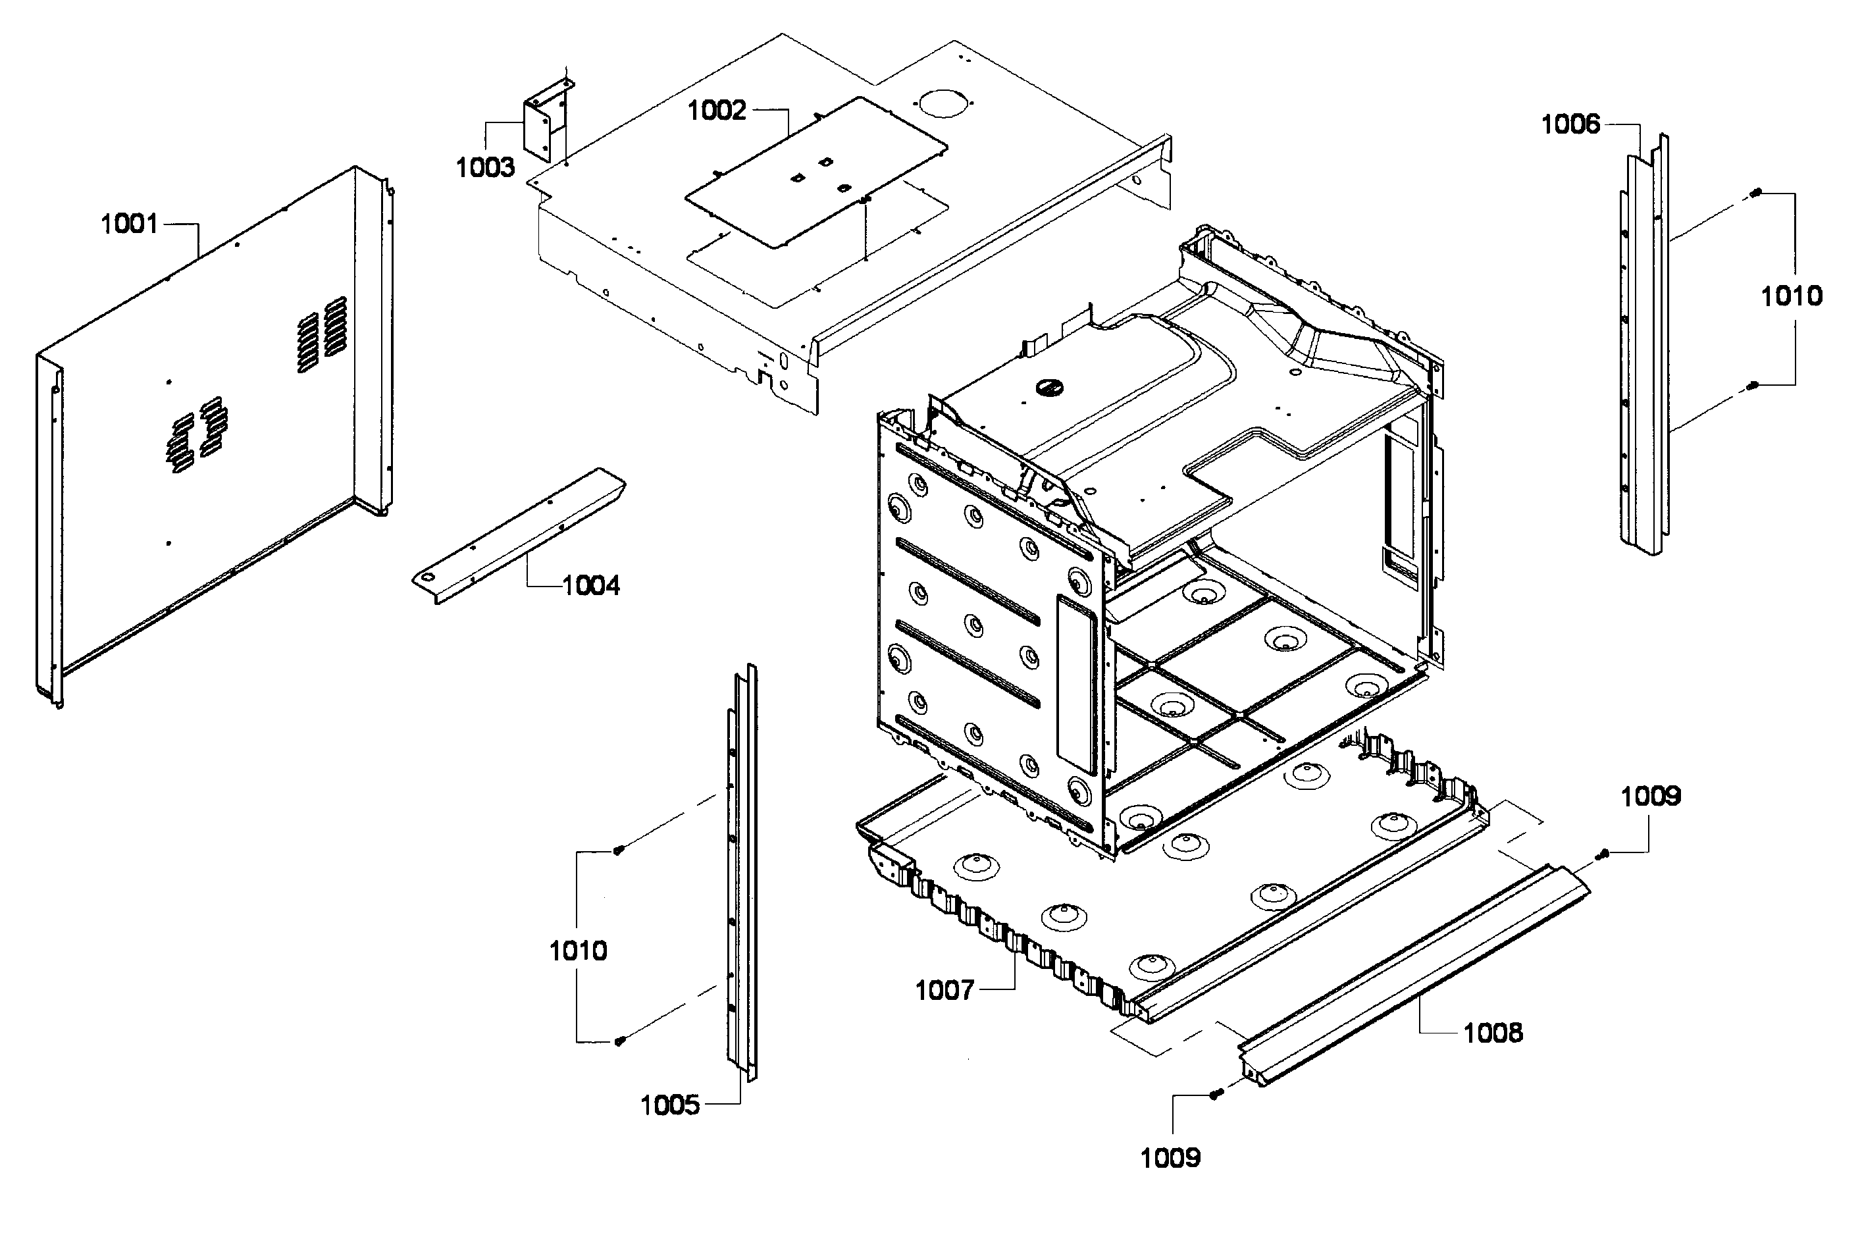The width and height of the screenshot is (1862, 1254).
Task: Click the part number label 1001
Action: [x=129, y=224]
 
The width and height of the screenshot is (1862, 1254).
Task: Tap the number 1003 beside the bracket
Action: [x=484, y=168]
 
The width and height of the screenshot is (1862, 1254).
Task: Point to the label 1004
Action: [x=591, y=587]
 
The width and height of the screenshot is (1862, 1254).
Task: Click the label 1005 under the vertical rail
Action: [x=669, y=1106]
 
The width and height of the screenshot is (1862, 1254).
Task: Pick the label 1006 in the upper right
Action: [x=1570, y=125]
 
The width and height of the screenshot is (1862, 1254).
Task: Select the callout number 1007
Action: [x=944, y=991]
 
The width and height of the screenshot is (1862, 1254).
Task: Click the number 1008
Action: [x=1493, y=1033]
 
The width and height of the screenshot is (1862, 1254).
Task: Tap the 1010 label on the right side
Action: [x=1791, y=297]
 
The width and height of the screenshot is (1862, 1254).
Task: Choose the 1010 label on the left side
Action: [x=577, y=951]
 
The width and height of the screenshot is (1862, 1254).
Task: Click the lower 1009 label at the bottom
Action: [x=1170, y=1158]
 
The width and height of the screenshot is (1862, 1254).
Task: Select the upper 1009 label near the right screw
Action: [x=1650, y=797]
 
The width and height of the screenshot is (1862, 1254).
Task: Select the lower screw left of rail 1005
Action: [x=619, y=1041]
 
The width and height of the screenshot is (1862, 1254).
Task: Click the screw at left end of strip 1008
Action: [x=1215, y=1094]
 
